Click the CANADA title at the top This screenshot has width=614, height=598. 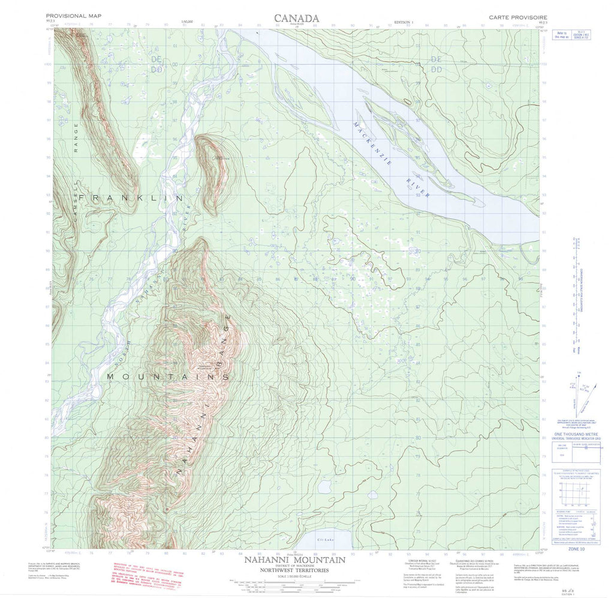[296, 18]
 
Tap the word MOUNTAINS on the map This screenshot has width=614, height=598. [168, 376]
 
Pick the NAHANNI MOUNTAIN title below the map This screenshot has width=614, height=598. [294, 560]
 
